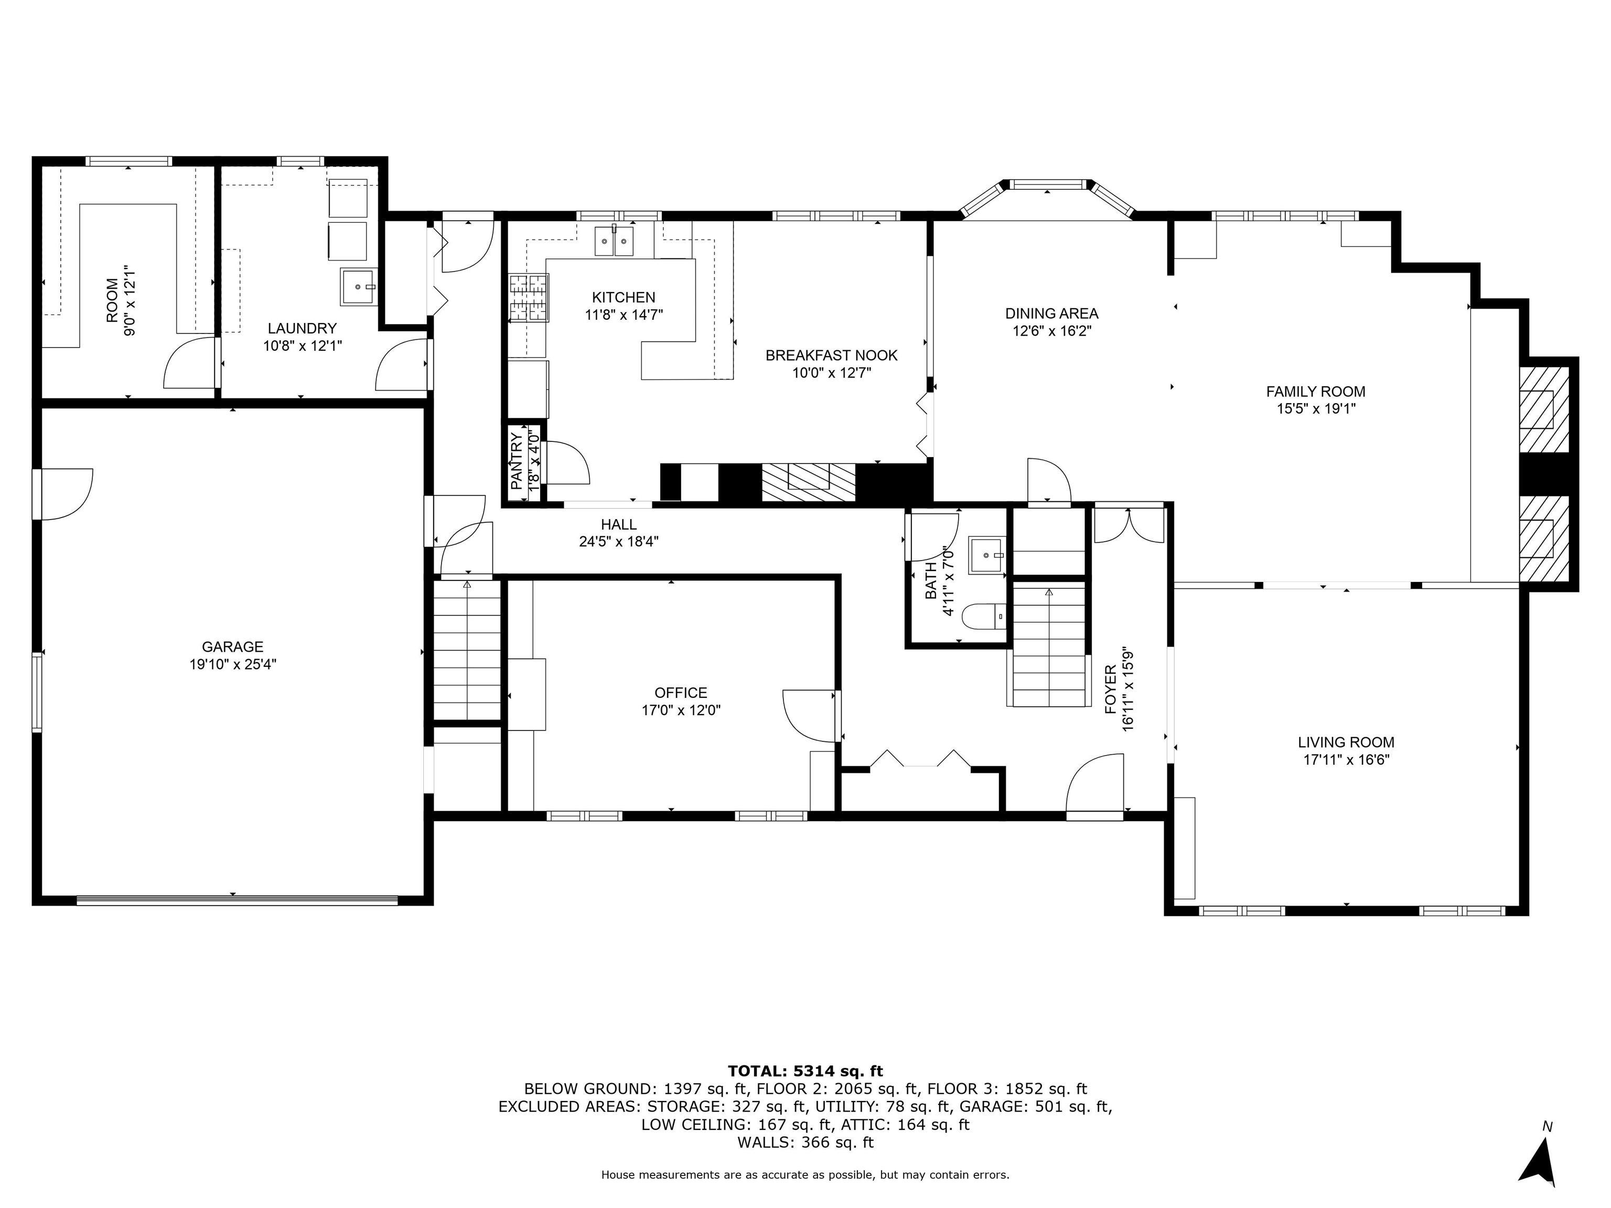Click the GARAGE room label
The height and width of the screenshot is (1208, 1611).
232,646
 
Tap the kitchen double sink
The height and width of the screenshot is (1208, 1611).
614,241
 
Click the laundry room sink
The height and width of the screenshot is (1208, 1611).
358,287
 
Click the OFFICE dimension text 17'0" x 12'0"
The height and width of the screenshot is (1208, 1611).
681,710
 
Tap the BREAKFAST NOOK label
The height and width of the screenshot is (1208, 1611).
831,355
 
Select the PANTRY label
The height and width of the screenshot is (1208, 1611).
515,460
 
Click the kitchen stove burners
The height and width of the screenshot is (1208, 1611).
528,297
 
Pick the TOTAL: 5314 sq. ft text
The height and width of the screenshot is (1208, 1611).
805,1071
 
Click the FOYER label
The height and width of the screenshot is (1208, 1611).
1110,689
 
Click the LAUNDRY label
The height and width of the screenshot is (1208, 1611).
302,328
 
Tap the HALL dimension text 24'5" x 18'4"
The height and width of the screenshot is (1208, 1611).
619,542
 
